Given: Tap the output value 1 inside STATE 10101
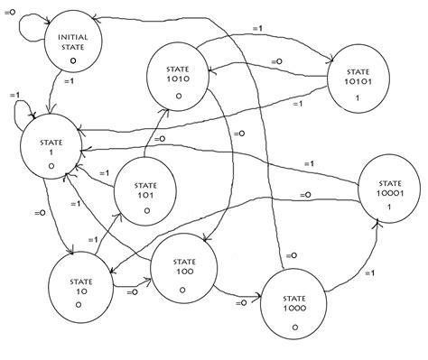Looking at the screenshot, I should coord(358,97).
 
